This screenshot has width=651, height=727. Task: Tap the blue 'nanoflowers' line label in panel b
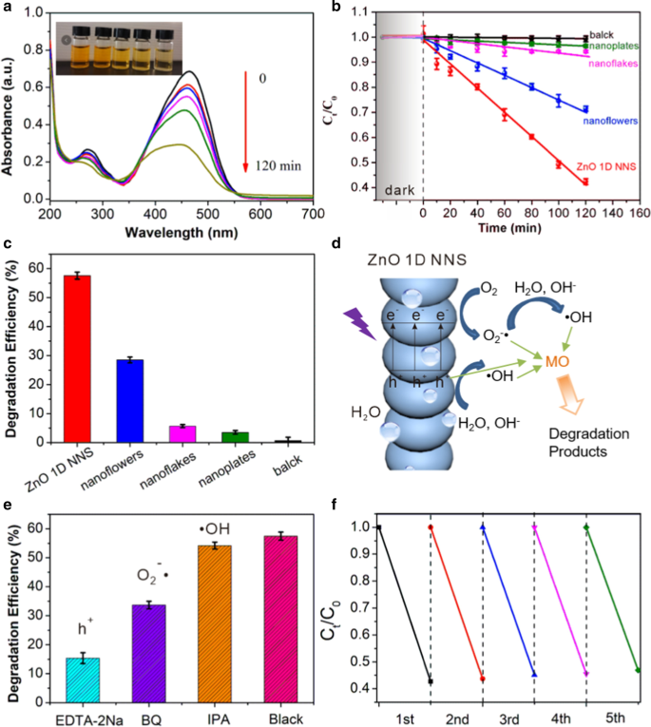coord(603,120)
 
